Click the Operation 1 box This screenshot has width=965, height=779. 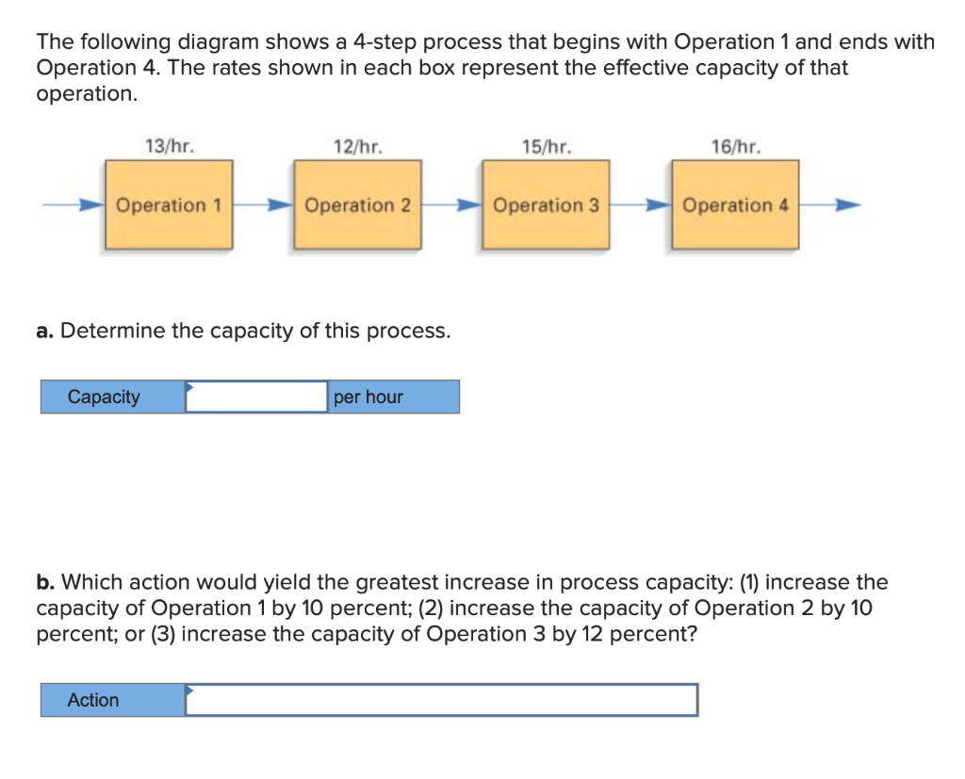pos(169,204)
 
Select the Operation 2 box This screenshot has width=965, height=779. pos(358,204)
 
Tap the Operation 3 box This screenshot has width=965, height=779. pos(546,204)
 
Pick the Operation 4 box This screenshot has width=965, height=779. pos(735,204)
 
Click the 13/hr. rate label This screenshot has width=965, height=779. pos(170,146)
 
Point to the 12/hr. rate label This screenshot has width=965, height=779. pos(358,146)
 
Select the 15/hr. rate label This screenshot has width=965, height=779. pos(546,146)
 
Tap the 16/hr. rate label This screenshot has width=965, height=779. pos(735,146)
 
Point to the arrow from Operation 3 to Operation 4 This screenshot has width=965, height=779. pos(641,203)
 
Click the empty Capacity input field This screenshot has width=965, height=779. pos(256,397)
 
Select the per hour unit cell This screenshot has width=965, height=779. pos(393,397)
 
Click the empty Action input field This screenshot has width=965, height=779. pos(441,700)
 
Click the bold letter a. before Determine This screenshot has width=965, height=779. pos(44,331)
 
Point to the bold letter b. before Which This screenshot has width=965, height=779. pos(44,582)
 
